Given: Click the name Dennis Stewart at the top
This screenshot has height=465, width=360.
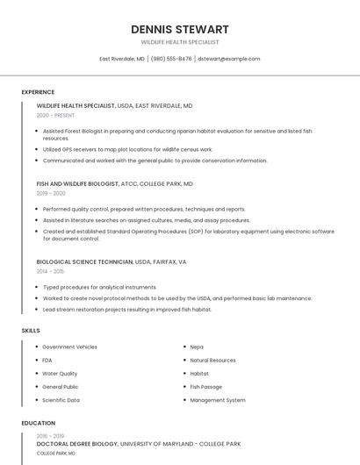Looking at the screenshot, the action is [179, 29].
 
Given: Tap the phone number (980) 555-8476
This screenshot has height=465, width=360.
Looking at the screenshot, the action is [170, 59].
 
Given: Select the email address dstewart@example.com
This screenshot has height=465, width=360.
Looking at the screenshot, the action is [229, 59].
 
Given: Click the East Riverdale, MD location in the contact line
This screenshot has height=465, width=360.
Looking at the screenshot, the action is [122, 59].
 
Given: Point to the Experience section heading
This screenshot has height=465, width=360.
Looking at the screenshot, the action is [38, 92].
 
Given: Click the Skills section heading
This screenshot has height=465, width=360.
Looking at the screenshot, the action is [31, 330].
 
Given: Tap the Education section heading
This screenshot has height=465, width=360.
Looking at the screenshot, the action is [38, 423].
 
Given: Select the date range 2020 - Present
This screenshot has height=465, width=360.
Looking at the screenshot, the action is [56, 115].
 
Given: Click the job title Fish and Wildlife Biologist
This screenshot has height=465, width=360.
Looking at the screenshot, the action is [77, 184].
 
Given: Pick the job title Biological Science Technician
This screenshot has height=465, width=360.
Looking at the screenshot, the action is [85, 261].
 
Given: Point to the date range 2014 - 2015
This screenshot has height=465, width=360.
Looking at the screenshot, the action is [50, 271].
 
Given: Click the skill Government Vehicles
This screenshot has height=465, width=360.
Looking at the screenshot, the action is [69, 347].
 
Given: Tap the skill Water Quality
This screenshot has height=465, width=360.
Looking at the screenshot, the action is [60, 373].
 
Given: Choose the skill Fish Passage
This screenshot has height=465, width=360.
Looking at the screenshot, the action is [206, 386].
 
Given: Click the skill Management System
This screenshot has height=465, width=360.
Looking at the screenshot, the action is [218, 400].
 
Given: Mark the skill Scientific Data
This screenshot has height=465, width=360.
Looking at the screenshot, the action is [61, 400].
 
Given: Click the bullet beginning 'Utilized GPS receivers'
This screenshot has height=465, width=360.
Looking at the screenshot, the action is [127, 150].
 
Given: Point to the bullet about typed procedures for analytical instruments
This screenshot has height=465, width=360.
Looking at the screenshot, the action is [99, 287].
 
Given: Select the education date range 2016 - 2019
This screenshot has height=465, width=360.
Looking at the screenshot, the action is [50, 435].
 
